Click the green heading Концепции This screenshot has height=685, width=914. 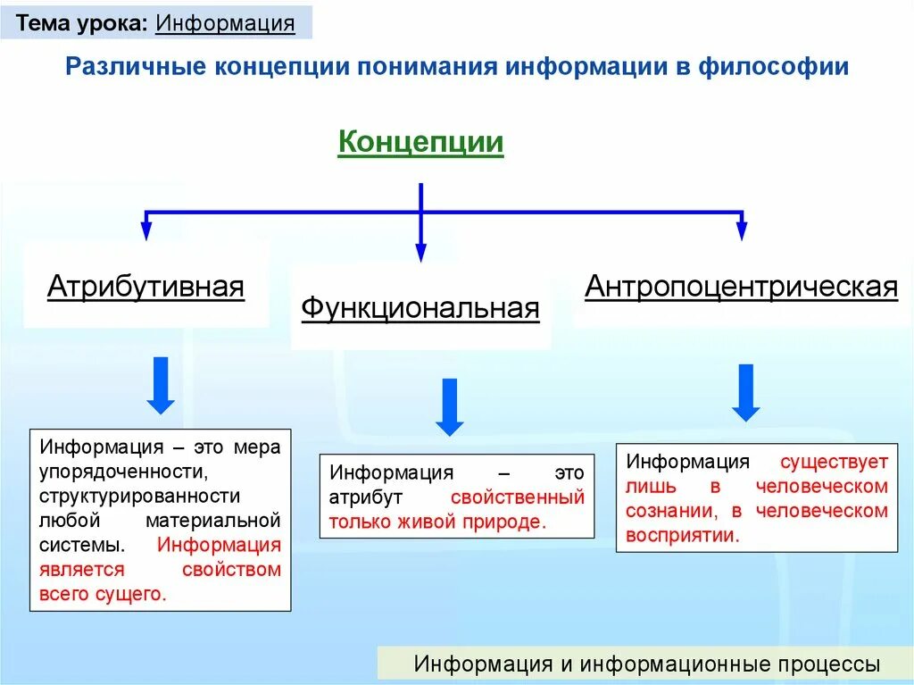(420, 143)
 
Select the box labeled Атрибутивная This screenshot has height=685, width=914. (145, 288)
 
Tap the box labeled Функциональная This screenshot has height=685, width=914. (420, 309)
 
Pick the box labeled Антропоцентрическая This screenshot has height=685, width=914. (741, 288)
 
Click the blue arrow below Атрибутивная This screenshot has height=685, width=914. (161, 384)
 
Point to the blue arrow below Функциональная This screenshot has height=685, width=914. (450, 406)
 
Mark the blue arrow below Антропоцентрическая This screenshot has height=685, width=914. (745, 392)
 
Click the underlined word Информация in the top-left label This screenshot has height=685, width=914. (225, 23)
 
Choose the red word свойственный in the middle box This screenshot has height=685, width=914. (518, 497)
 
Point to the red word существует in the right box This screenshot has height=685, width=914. (835, 462)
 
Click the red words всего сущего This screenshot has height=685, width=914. (102, 594)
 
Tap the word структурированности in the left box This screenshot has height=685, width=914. (139, 495)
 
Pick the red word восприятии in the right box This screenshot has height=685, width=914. (683, 536)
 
